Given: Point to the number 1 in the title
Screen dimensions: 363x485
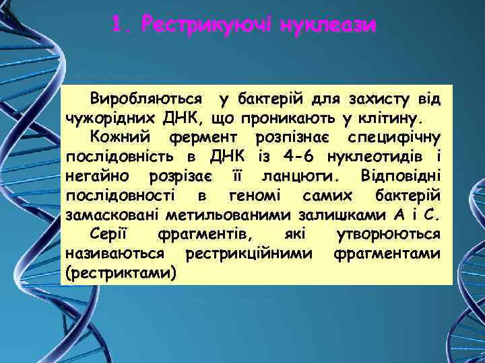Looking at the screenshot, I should point(119,26).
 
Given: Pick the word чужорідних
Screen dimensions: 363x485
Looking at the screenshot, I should point(111,120).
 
